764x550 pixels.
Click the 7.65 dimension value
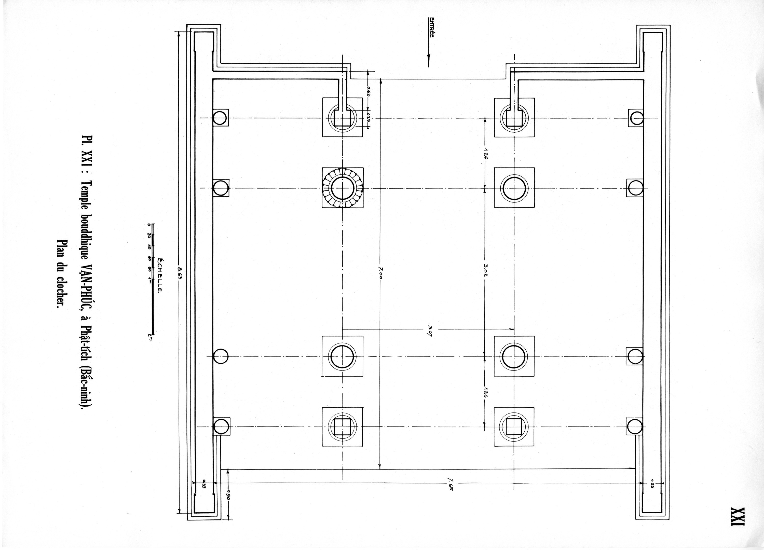click(450, 487)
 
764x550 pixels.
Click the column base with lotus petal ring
click(343, 188)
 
